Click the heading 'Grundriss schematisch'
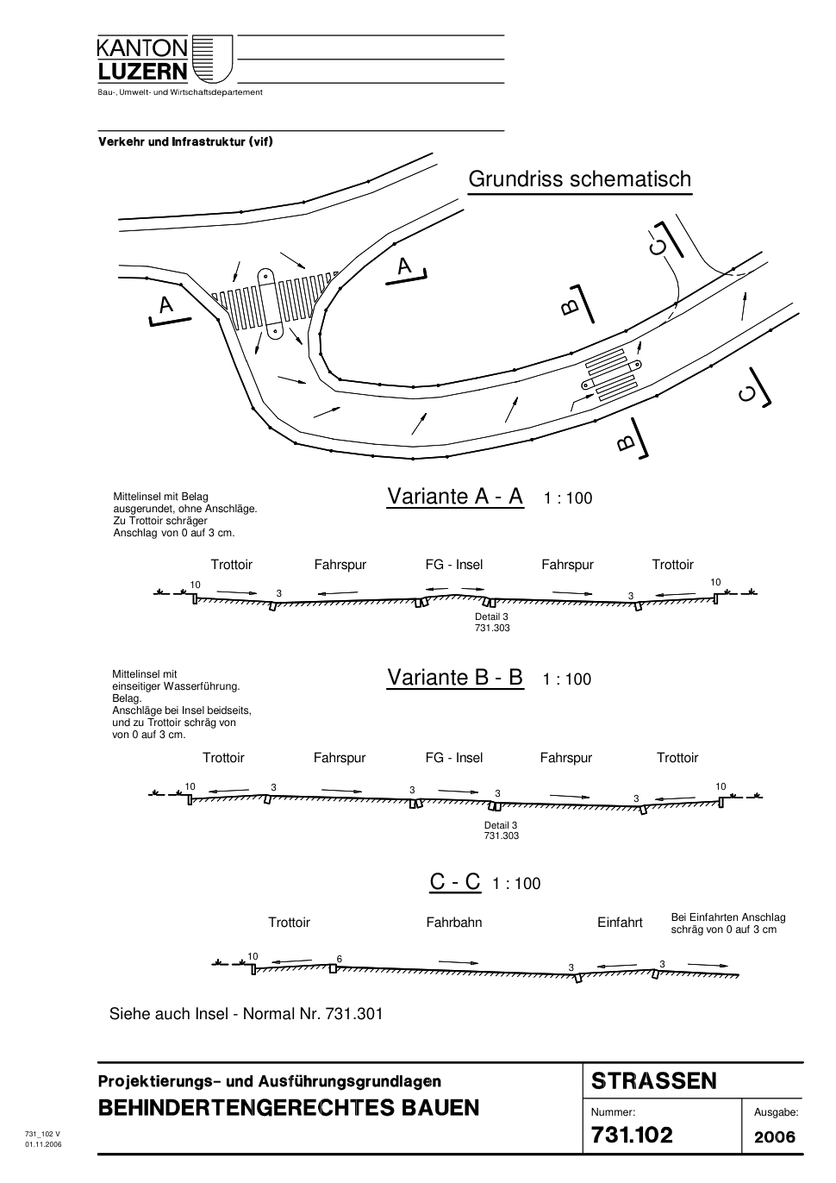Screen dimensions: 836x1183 click(x=579, y=179)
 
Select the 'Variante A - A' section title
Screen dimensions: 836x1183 click(x=455, y=497)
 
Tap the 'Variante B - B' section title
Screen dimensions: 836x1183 click(x=455, y=677)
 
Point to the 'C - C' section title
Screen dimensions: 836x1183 click(x=455, y=881)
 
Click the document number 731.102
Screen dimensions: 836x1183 click(x=632, y=1135)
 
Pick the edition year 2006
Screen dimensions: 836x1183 click(x=774, y=1136)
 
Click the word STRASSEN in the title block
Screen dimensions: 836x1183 click(x=654, y=1081)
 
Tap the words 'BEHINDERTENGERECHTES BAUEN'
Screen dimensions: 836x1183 click(x=289, y=1107)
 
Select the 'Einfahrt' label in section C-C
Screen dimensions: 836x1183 click(x=620, y=923)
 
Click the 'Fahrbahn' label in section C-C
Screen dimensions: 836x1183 click(x=454, y=923)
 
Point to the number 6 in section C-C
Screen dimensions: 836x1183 click(x=340, y=959)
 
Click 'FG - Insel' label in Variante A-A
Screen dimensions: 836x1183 click(x=454, y=565)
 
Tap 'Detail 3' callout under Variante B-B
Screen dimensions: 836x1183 click(x=501, y=825)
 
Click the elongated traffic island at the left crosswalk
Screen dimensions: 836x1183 click(x=271, y=304)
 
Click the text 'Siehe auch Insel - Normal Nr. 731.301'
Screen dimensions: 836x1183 click(x=246, y=1014)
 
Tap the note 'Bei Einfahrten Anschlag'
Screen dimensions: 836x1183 click(x=728, y=917)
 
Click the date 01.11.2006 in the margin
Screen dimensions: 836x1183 click(x=43, y=1144)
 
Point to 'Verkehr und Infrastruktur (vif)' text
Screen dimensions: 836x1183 click(x=185, y=141)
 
